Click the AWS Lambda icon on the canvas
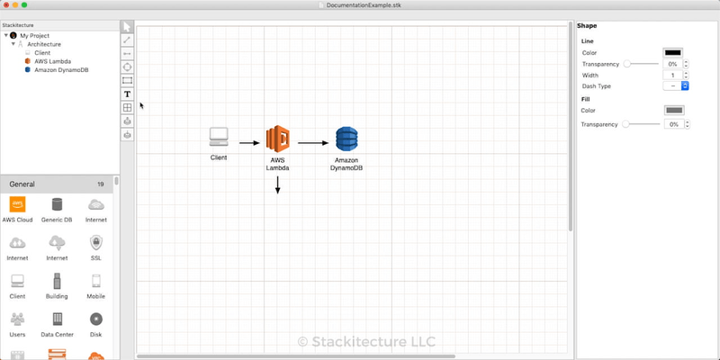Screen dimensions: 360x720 tap(277, 139)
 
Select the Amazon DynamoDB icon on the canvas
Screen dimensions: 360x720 tap(346, 139)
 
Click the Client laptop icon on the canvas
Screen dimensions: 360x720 tap(219, 137)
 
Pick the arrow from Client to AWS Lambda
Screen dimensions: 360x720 tap(249, 142)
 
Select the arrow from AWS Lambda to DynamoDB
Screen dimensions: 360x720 tap(313, 142)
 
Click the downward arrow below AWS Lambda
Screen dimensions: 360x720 tap(277, 184)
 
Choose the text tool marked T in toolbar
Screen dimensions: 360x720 tap(127, 94)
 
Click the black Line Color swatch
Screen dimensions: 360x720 tap(673, 53)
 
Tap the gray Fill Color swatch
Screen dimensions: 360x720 tap(673, 111)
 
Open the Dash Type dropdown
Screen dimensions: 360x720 tap(675, 86)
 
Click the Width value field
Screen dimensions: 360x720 tap(671, 76)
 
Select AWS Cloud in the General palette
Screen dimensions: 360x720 tap(17, 205)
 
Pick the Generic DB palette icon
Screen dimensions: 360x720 tap(57, 205)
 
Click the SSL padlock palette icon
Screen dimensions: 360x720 tap(96, 243)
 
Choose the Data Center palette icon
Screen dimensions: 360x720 tap(57, 319)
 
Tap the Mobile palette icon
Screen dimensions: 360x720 tap(96, 281)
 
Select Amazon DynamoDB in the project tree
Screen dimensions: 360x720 tap(59, 69)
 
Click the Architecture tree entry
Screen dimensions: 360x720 tap(44, 43)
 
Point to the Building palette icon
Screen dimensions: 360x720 tap(57, 281)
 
